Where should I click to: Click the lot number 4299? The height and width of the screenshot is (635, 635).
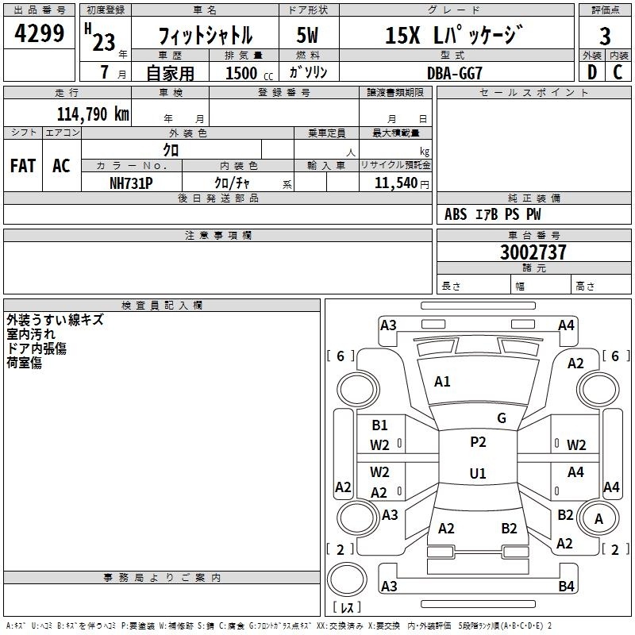pyautogui.click(x=39, y=33)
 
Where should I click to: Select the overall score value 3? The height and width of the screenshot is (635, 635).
pyautogui.click(x=605, y=36)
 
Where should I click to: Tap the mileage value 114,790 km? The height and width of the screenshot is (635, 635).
pyautogui.click(x=93, y=114)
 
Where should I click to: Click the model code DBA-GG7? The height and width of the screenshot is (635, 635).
pyautogui.click(x=455, y=73)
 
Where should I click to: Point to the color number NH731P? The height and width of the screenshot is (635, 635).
pyautogui.click(x=131, y=183)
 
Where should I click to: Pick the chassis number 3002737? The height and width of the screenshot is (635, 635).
pyautogui.click(x=533, y=252)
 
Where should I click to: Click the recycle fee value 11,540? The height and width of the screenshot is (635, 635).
pyautogui.click(x=396, y=183)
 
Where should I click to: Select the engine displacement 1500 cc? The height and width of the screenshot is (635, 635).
pyautogui.click(x=249, y=73)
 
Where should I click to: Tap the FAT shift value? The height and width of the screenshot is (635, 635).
pyautogui.click(x=23, y=166)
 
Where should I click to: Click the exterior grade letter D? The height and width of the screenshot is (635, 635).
pyautogui.click(x=592, y=72)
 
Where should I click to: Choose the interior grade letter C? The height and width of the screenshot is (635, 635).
pyautogui.click(x=618, y=72)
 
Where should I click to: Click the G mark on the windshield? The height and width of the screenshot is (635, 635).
pyautogui.click(x=502, y=418)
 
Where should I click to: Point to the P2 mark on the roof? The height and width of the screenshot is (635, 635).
pyautogui.click(x=478, y=442)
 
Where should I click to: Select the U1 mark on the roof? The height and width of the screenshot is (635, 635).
pyautogui.click(x=478, y=473)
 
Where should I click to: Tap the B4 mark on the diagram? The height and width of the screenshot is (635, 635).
pyautogui.click(x=566, y=586)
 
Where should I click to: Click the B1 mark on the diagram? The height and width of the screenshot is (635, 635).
pyautogui.click(x=379, y=425)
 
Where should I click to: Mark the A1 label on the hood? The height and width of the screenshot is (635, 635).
pyautogui.click(x=442, y=382)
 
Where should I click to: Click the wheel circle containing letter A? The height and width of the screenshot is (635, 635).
pyautogui.click(x=598, y=518)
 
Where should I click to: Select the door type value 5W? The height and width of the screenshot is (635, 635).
pyautogui.click(x=307, y=35)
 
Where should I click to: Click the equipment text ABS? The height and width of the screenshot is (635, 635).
pyautogui.click(x=456, y=214)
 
